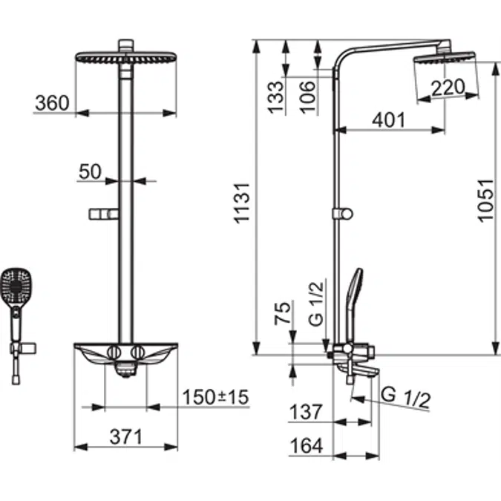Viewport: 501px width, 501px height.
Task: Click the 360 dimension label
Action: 51,102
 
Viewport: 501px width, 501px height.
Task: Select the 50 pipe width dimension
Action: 90,171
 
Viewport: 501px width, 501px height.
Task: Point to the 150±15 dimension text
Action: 216,397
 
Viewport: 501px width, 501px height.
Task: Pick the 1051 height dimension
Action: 485,201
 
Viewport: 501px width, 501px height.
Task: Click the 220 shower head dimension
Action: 448,88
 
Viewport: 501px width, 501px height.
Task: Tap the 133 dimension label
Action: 275,96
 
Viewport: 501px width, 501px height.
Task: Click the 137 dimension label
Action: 307,411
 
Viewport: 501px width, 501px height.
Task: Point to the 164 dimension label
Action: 307,445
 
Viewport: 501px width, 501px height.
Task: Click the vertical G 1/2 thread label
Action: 315,310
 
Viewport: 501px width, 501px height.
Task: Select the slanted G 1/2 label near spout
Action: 406,398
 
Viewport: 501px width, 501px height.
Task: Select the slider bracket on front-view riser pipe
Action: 103,215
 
